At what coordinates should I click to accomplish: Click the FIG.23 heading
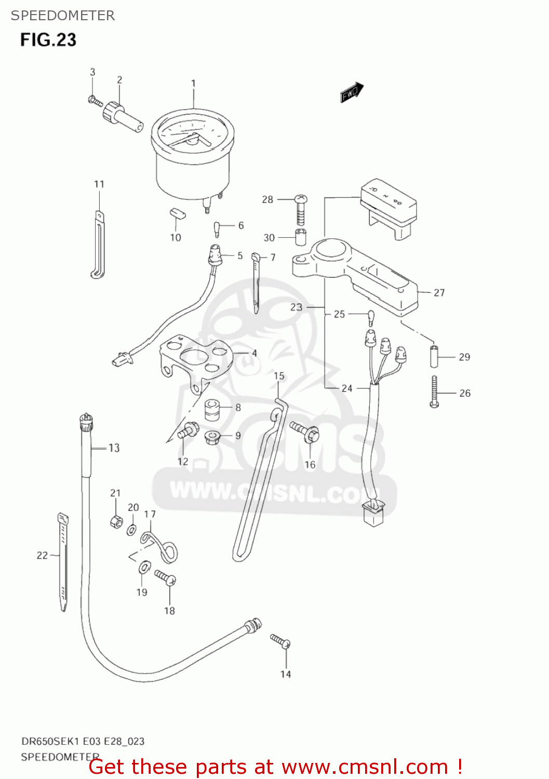tap(48, 40)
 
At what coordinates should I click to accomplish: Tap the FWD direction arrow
tap(352, 92)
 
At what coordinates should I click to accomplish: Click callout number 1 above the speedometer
tap(193, 83)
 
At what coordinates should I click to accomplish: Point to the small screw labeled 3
tap(95, 101)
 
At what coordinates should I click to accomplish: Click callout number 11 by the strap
tap(99, 184)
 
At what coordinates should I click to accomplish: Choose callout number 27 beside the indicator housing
tap(439, 293)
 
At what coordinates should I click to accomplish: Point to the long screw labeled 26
tap(434, 392)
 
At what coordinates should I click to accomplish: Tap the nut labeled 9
tap(212, 437)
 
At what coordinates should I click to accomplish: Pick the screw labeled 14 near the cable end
tap(280, 641)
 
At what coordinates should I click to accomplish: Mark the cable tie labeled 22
tap(62, 561)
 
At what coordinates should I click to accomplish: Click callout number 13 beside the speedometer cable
tap(114, 448)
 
